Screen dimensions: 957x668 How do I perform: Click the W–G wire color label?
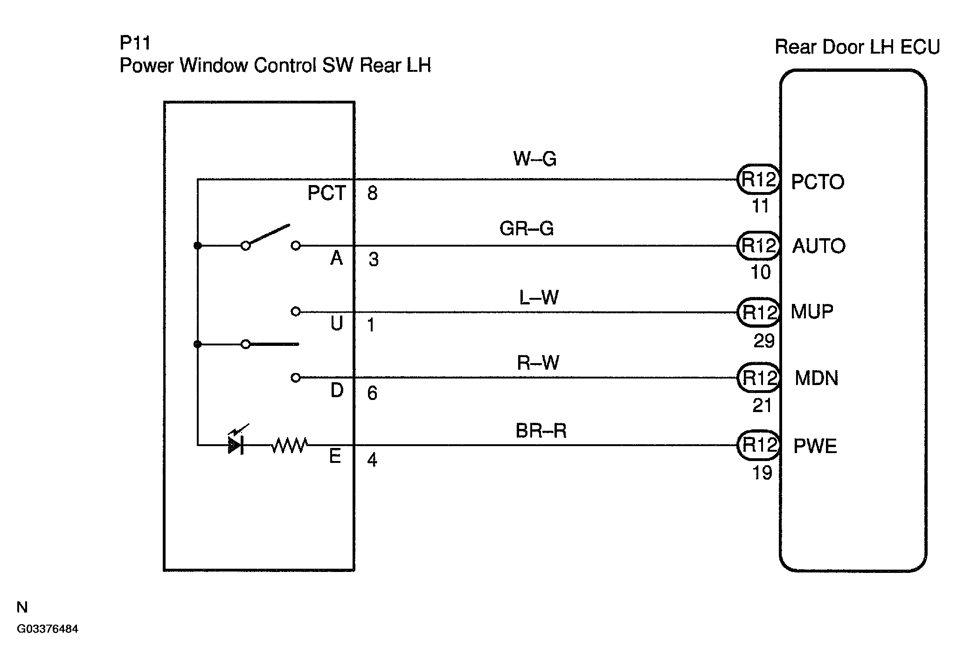(x=535, y=159)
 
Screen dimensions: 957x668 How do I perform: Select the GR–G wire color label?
(x=527, y=228)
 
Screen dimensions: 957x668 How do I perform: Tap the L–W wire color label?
(x=539, y=297)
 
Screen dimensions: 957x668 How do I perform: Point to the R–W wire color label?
(x=538, y=362)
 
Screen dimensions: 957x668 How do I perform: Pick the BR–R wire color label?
(x=541, y=431)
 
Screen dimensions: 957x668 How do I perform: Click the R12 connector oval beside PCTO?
(x=758, y=179)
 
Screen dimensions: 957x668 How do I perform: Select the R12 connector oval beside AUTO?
(x=758, y=245)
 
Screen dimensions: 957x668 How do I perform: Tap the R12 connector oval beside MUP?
(x=758, y=312)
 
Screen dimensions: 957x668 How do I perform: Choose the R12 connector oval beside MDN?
(x=758, y=378)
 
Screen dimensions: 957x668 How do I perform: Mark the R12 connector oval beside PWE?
(x=758, y=445)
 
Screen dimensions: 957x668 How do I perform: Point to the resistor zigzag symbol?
(x=289, y=446)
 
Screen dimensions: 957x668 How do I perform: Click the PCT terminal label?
(x=327, y=193)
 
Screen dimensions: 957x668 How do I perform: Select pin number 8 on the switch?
(x=372, y=193)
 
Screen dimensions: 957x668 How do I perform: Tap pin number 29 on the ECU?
(x=764, y=341)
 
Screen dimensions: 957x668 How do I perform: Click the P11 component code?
(x=135, y=43)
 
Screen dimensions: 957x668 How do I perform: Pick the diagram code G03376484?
(x=48, y=629)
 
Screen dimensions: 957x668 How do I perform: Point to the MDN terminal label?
(x=817, y=378)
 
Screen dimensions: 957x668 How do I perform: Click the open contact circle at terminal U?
(x=295, y=311)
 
